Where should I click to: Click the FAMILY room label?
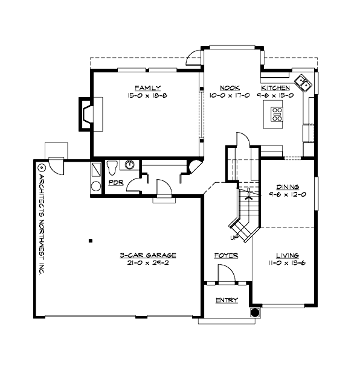point(143,87)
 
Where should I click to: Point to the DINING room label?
point(288,187)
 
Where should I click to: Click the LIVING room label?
point(288,255)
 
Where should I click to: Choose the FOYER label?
point(226,256)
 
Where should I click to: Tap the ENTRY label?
point(227,300)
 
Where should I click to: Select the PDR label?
point(116,182)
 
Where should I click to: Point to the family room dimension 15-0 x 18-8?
point(143,95)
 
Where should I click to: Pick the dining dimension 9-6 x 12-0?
point(288,195)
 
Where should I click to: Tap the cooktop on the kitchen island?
point(277,114)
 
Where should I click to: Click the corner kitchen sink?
point(302,83)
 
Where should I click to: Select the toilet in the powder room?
point(112,165)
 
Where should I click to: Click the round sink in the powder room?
point(129,164)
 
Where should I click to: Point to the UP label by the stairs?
point(233,236)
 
